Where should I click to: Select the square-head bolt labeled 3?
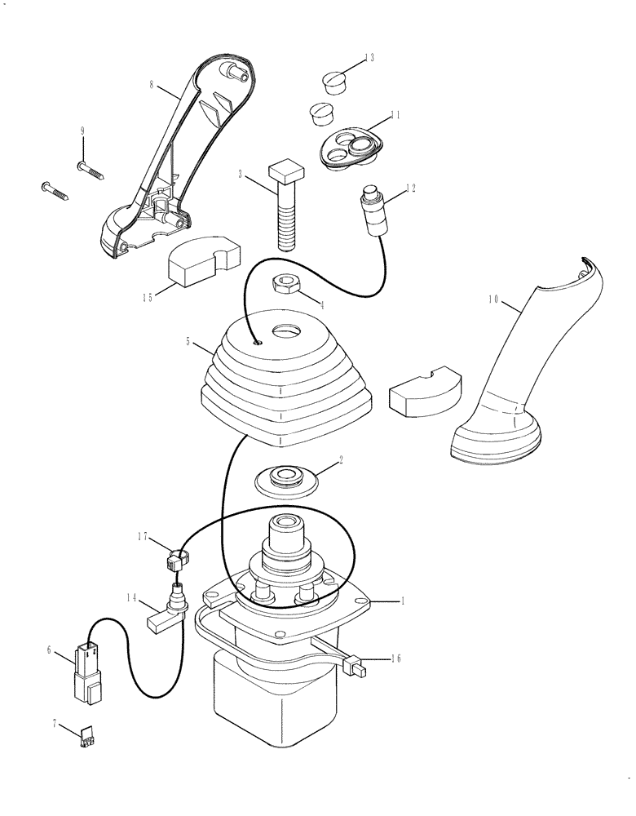pos(285,205)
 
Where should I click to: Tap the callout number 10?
pos(492,299)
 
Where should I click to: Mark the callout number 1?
pos(402,600)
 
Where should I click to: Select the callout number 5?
pos(188,342)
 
